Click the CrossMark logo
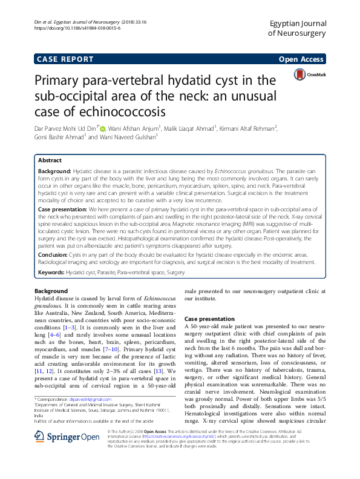tap(310, 74)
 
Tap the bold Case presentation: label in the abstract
tap(65, 208)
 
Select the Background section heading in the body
tap(51, 291)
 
